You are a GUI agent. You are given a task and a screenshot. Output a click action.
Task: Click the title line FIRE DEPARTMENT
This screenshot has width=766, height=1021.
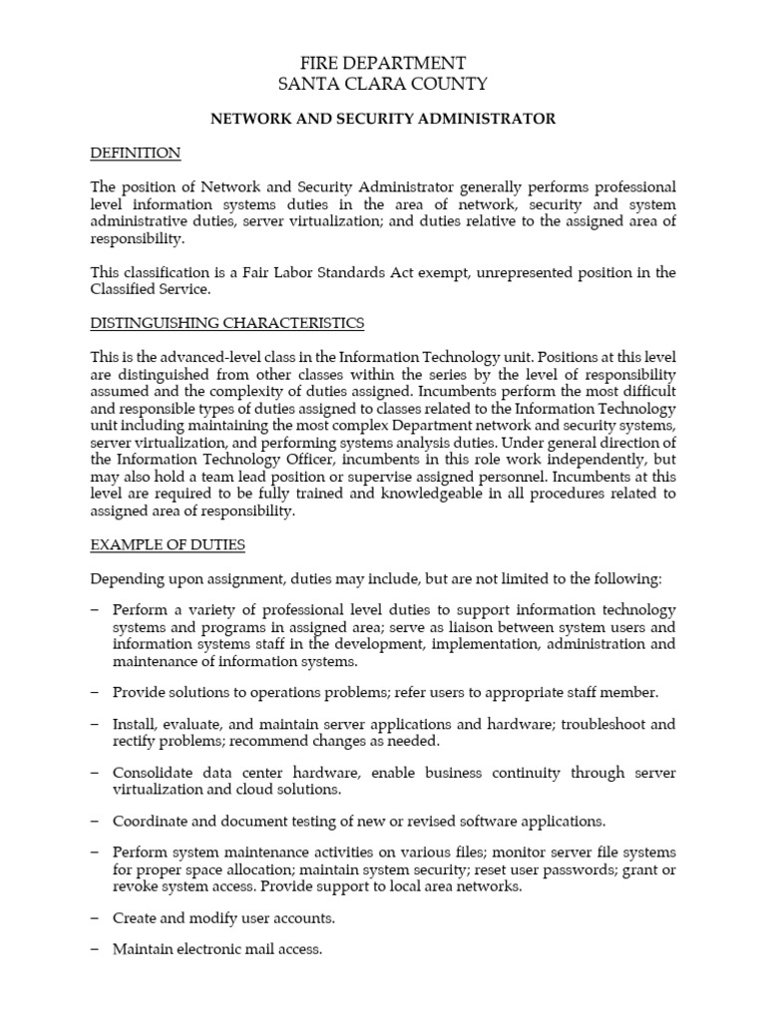pos(383,63)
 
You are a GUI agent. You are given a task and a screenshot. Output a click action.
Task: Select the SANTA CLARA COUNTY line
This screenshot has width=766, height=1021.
pos(383,85)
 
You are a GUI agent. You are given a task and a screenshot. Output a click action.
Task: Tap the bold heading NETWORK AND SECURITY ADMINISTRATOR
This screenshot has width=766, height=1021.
pos(383,119)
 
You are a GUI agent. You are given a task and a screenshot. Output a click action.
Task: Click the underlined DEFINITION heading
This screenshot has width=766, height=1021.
pos(136,153)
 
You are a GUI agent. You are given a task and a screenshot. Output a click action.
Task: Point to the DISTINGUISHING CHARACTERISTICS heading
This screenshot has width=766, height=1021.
pos(227,323)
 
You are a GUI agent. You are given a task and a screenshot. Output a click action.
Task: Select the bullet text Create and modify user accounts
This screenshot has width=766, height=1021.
pos(223,917)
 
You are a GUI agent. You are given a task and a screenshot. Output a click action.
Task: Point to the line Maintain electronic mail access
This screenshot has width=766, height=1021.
pos(217,949)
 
